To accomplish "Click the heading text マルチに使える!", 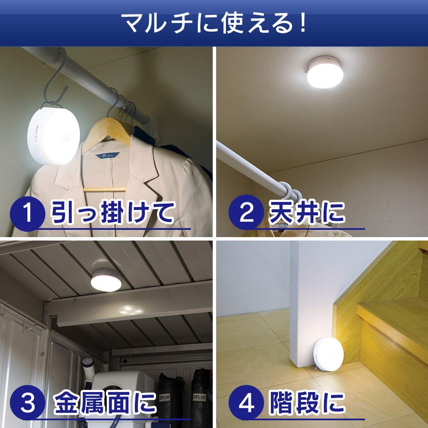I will click(214, 24).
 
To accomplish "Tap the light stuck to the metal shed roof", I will click(106, 280).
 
